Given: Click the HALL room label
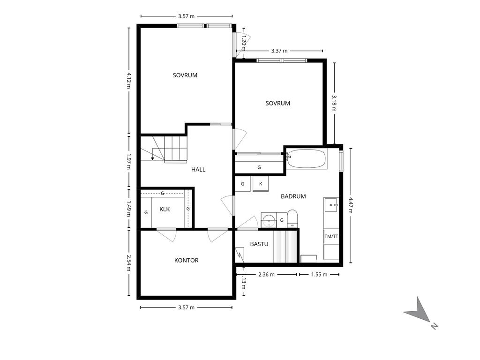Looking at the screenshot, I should tap(198, 170).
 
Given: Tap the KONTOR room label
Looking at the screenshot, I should tap(186, 261).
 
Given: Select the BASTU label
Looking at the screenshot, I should tap(259, 244).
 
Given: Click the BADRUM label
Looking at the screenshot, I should tap(293, 196).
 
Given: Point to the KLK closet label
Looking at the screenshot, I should tap(164, 209).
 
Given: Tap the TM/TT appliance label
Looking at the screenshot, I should tap(331, 237).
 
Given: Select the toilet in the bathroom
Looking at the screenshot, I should tap(292, 218).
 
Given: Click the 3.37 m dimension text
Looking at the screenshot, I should tap(279, 51).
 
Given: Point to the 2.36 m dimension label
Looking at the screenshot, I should tap(266, 275).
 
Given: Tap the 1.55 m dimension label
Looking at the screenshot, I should tap(319, 275).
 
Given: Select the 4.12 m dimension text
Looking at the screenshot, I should tap(129, 80).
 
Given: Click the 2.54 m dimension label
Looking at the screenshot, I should tap(129, 263).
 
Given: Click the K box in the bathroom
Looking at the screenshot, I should tap(261, 184).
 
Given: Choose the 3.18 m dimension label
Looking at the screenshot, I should tap(334, 103).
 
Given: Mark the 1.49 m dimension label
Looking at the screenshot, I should tap(129, 209).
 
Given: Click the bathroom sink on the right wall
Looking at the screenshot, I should tap(331, 205).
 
